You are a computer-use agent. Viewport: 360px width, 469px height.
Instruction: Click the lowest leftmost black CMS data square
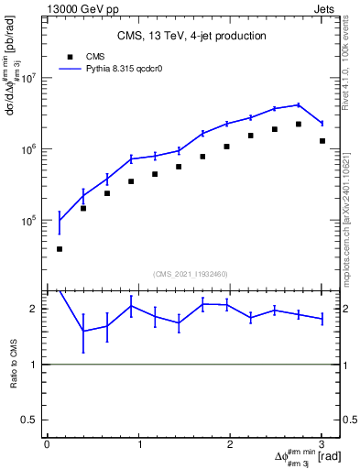tap(60, 249)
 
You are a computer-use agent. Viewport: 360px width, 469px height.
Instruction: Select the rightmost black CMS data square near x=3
tap(322, 141)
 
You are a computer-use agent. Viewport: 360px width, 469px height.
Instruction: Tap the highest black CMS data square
tap(299, 124)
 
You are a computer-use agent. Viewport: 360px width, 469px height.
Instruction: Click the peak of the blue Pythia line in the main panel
tap(299, 104)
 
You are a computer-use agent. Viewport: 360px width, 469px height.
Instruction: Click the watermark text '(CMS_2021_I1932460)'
tap(191, 274)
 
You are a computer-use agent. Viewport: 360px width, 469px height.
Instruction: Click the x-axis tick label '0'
tap(47, 444)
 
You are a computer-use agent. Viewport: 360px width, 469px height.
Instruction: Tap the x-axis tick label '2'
tap(230, 444)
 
